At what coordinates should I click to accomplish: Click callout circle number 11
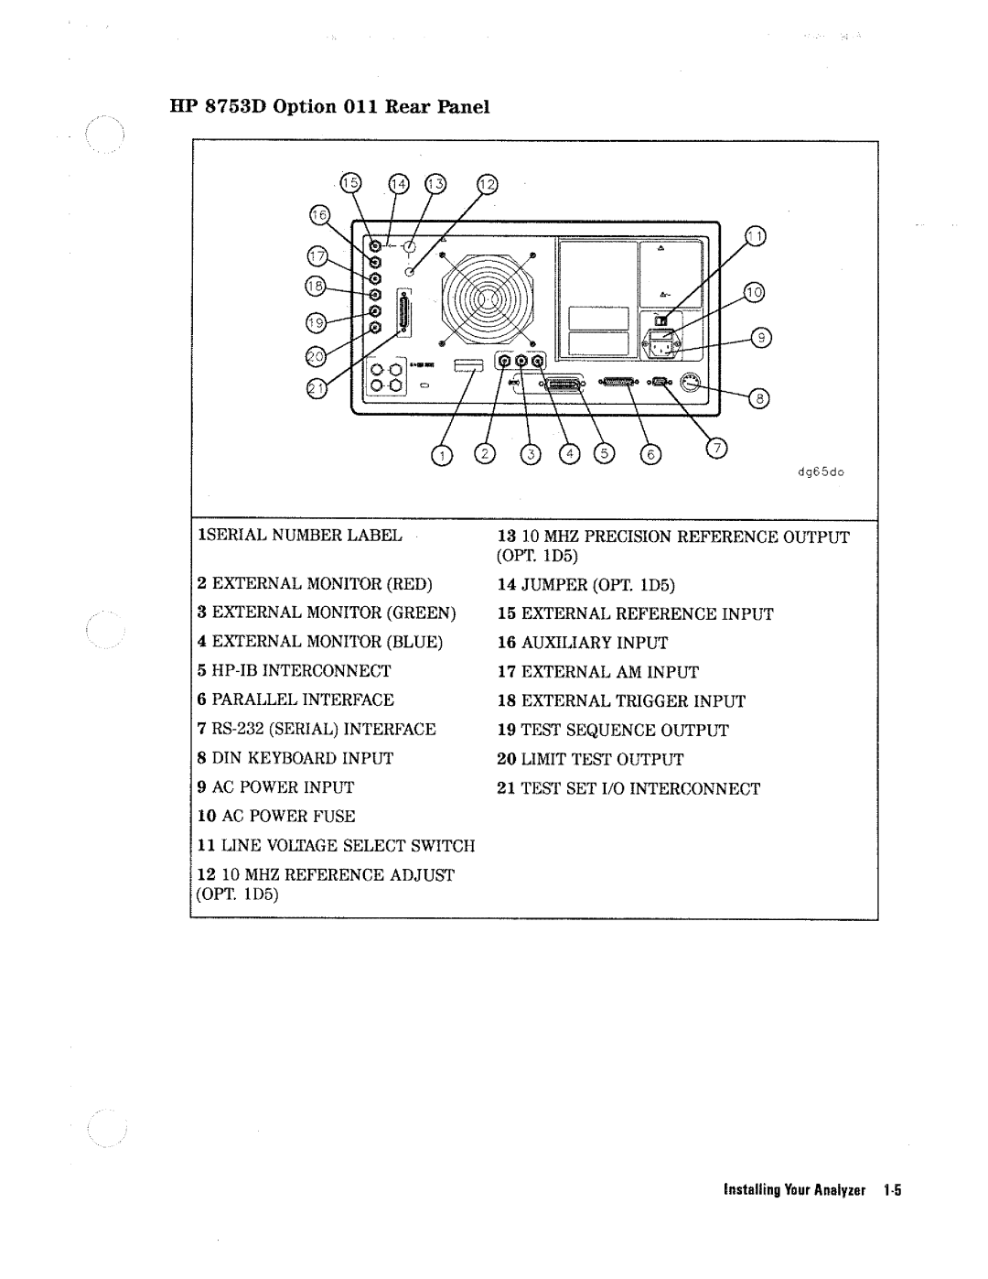coord(756,235)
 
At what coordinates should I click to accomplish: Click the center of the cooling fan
coord(487,298)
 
